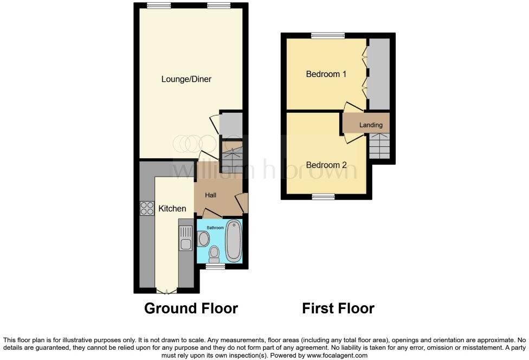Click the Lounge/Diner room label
coord(186,79)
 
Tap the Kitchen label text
coord(172,208)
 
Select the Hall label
coord(211,195)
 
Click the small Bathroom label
coord(214,228)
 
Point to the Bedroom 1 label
coord(326,74)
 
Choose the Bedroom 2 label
coord(326,165)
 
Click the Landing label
coord(371,125)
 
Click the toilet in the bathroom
coord(214,252)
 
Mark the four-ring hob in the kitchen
coord(147,208)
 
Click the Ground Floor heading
coord(191,308)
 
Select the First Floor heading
coord(338,308)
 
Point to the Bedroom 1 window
coord(328,36)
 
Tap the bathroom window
coord(216,266)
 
